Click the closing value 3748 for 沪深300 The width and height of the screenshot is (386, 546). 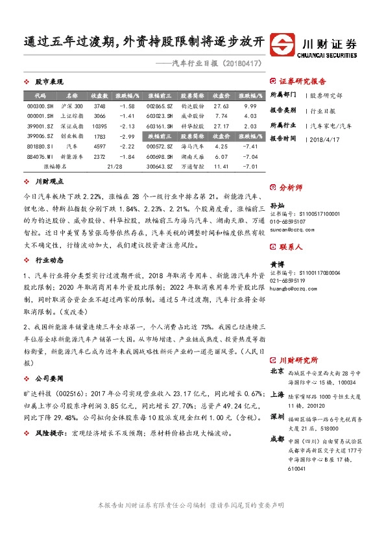pos(99,106)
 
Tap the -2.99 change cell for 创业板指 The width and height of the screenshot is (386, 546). pos(128,136)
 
